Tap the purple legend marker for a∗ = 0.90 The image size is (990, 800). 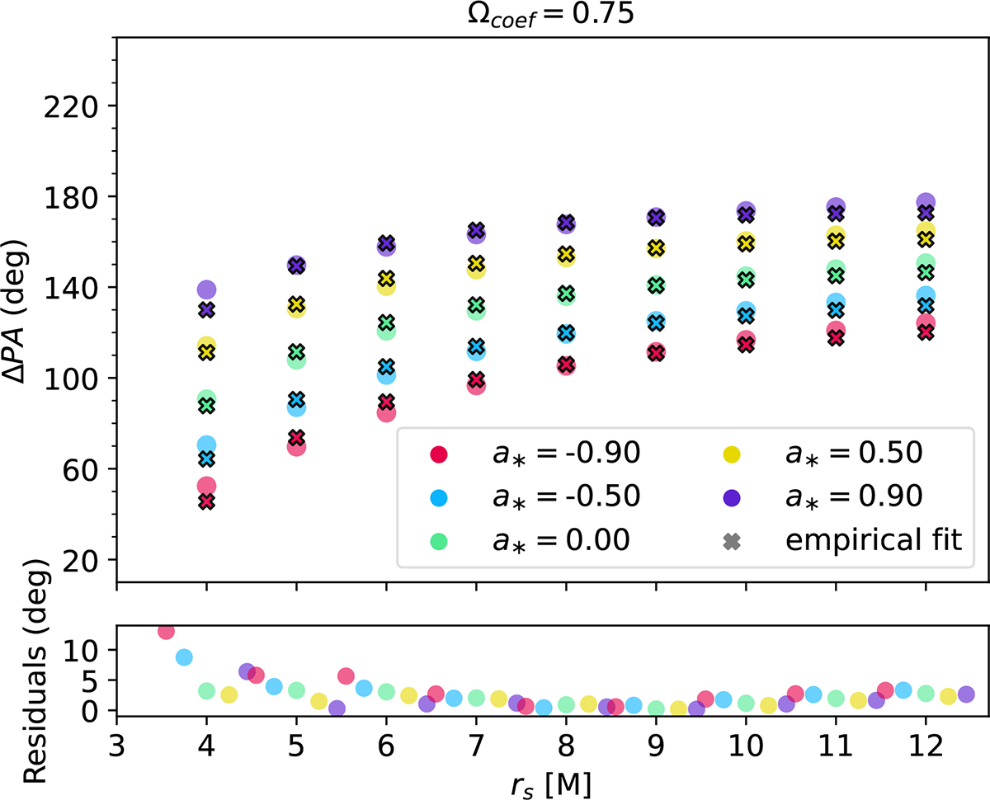tap(732, 496)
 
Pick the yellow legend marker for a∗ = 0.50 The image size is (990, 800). tap(732, 453)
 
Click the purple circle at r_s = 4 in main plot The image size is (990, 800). tap(206, 289)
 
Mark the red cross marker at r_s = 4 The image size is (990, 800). tap(206, 501)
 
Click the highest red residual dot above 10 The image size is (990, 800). tap(166, 631)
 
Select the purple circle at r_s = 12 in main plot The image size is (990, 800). tap(926, 202)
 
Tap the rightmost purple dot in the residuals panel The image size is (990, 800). tap(966, 694)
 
